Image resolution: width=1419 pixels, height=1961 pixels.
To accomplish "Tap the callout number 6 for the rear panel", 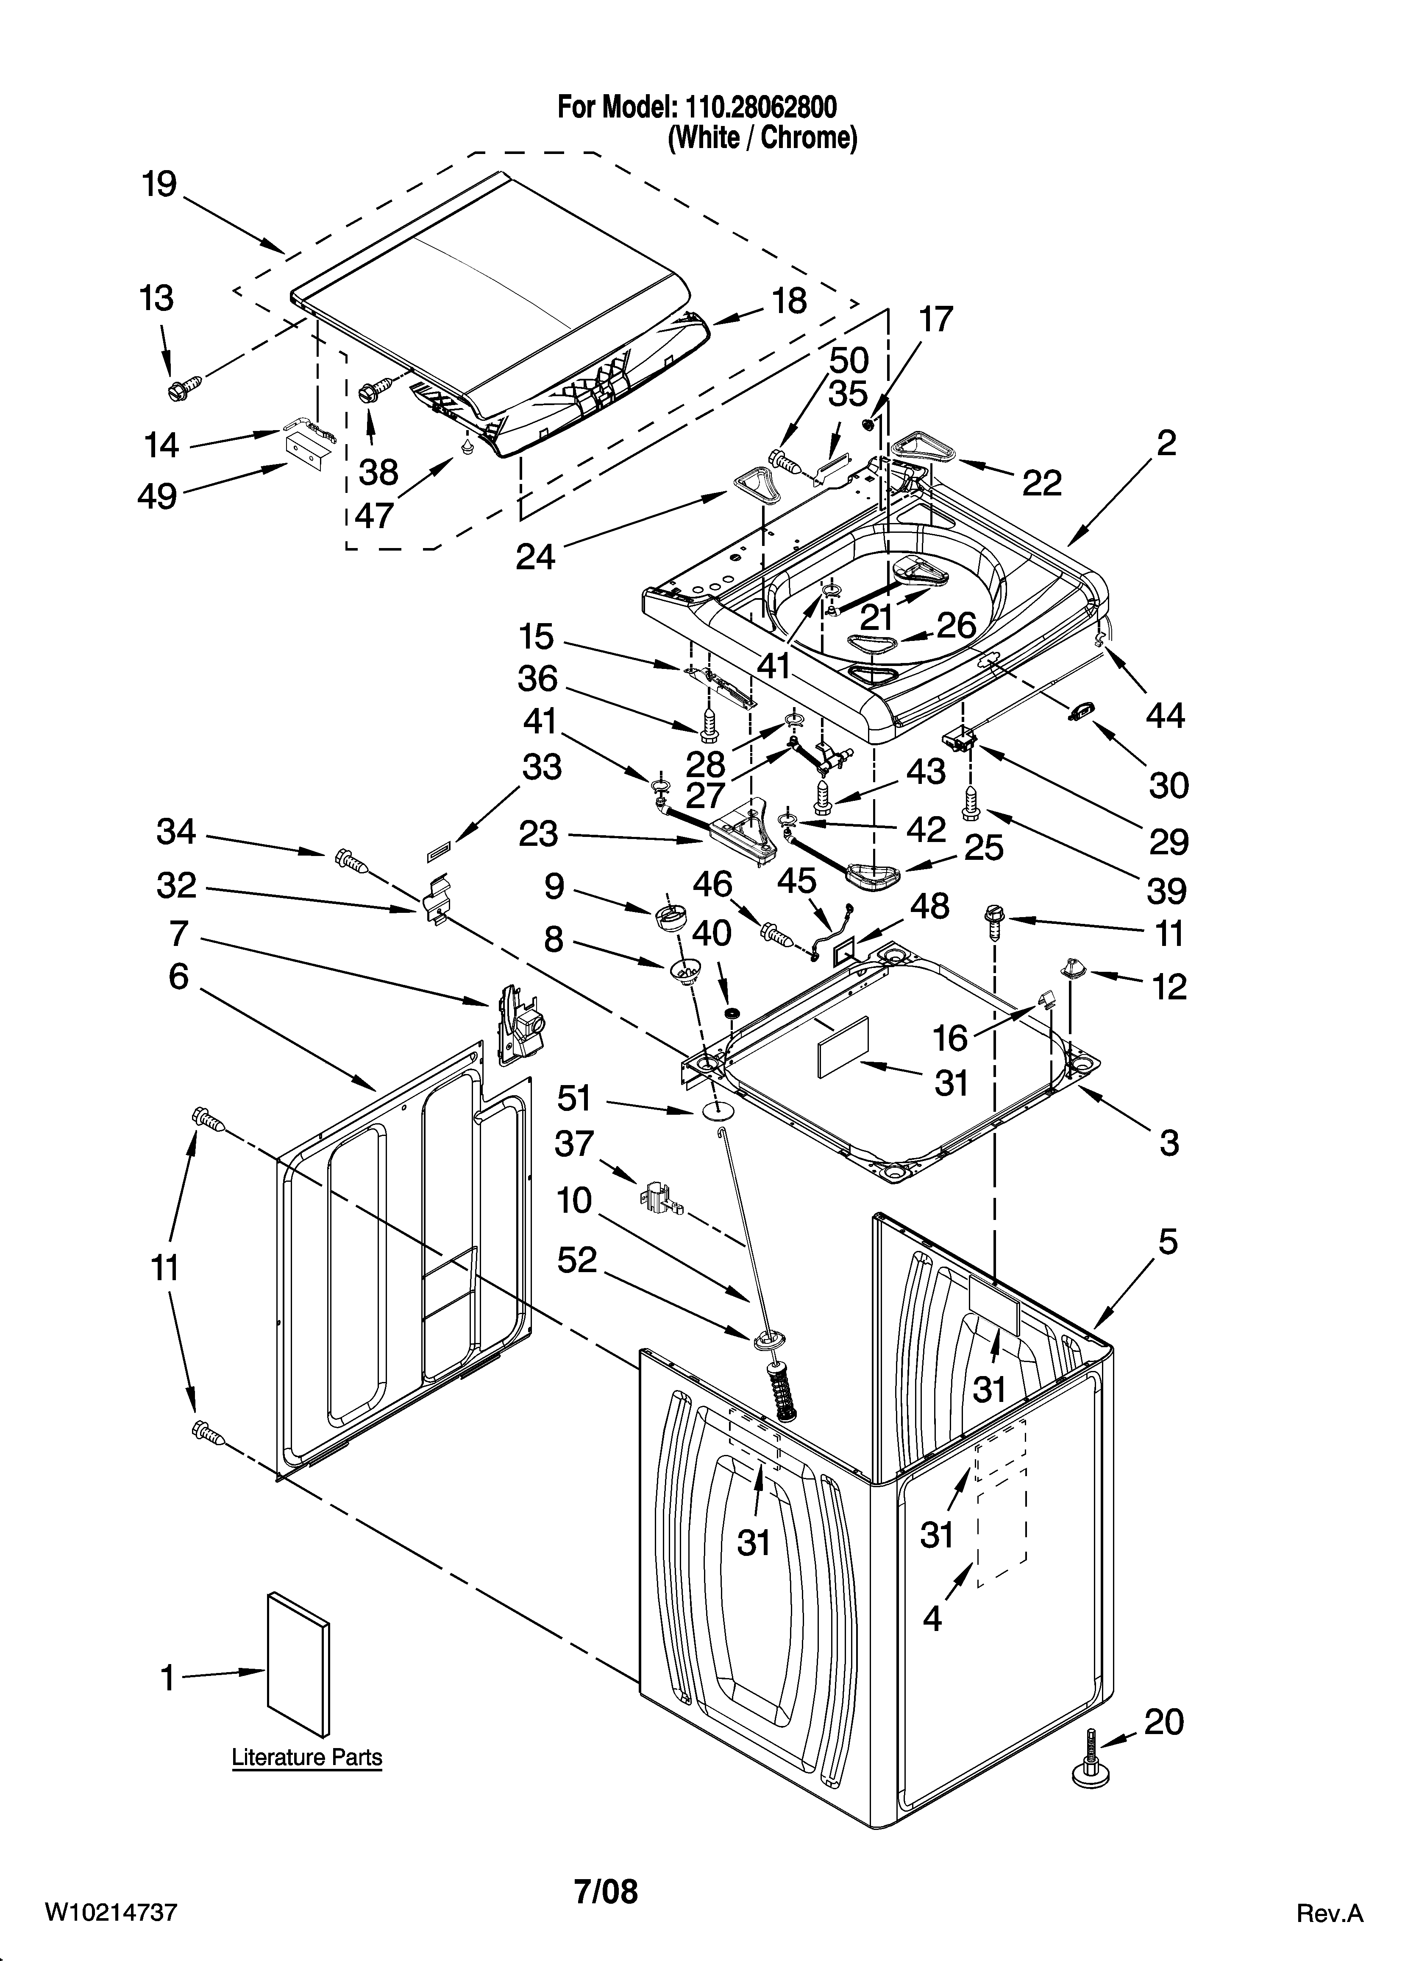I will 178,977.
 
